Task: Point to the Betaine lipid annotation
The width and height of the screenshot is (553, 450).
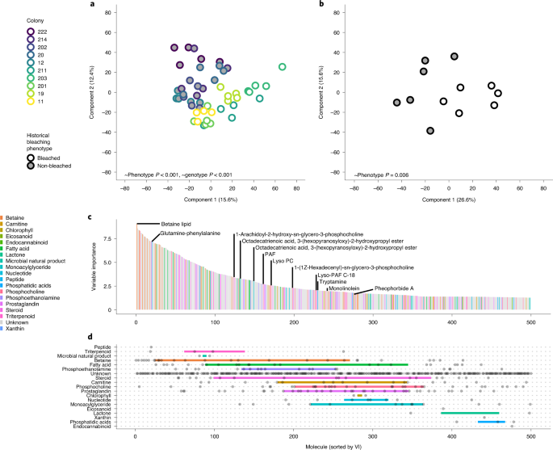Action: (161, 223)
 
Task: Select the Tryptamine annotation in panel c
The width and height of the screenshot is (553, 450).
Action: (332, 281)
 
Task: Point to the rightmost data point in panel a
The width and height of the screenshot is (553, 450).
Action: (282, 67)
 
